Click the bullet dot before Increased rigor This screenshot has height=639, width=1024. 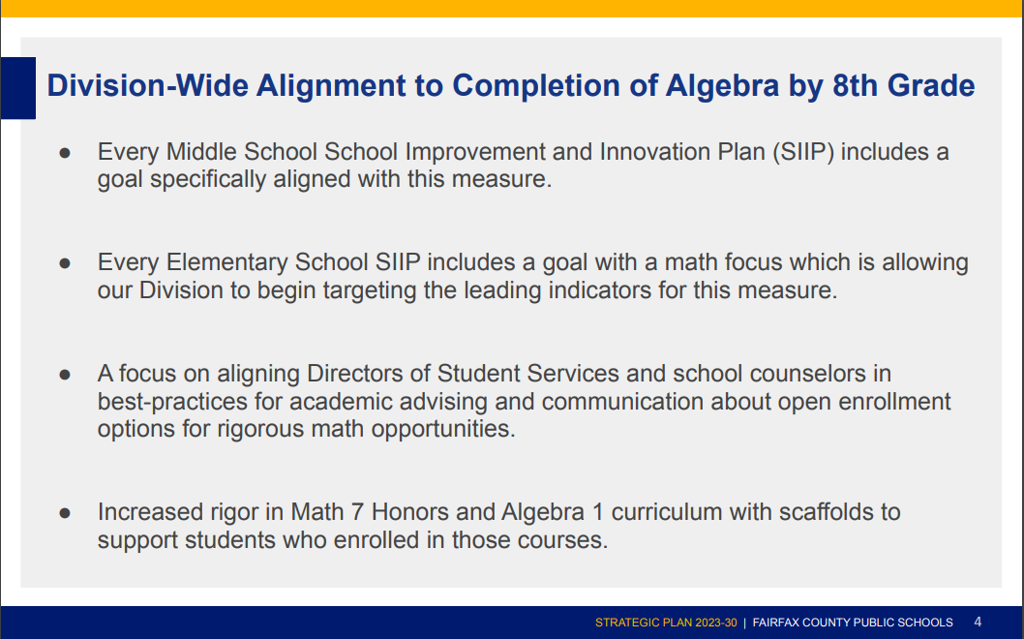click(66, 512)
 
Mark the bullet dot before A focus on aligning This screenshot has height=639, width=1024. click(66, 374)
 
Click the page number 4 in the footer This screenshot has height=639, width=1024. click(978, 622)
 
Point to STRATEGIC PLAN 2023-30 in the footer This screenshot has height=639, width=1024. click(666, 623)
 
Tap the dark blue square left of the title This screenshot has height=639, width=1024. click(17, 87)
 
